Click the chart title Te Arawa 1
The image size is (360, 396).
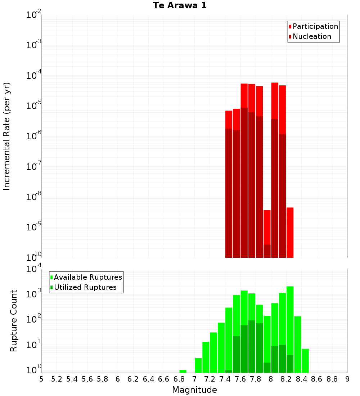(180, 6)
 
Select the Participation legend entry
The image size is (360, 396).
(315, 27)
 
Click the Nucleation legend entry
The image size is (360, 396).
(311, 37)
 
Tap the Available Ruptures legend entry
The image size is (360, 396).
(87, 277)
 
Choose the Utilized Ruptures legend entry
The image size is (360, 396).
(85, 287)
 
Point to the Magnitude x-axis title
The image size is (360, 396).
(194, 390)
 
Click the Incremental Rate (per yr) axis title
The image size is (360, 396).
(7, 136)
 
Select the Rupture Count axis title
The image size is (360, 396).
(14, 320)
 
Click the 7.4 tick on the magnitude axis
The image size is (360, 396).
(225, 379)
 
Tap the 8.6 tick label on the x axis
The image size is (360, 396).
(317, 379)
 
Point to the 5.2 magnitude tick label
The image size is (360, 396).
(57, 379)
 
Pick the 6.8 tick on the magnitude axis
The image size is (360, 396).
(179, 379)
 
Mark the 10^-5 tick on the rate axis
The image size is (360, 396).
(33, 106)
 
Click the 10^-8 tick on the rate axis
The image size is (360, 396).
(33, 197)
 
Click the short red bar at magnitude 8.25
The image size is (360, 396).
(290, 232)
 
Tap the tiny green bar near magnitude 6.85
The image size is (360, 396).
(183, 371)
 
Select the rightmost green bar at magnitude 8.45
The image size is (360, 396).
(305, 360)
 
